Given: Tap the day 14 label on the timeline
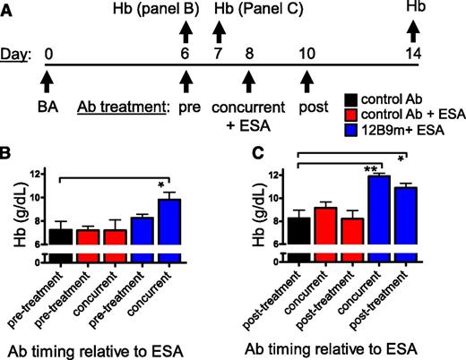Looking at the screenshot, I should click(415, 54).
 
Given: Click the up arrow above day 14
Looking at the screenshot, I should click(415, 32).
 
